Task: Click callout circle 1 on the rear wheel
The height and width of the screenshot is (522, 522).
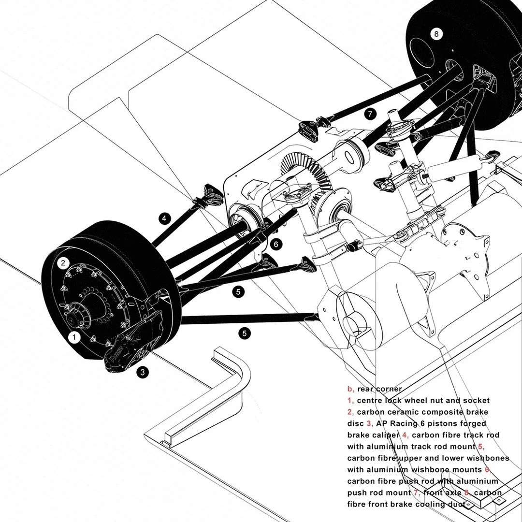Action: pyautogui.click(x=73, y=337)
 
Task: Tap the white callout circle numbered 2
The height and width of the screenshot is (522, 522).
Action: pyautogui.click(x=63, y=263)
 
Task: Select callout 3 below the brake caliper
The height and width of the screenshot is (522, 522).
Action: pyautogui.click(x=142, y=372)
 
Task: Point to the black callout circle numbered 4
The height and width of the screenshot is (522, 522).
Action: pyautogui.click(x=164, y=218)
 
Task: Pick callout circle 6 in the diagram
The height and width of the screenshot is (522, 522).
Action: pyautogui.click(x=276, y=244)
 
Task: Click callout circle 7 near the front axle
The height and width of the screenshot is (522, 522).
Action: pyautogui.click(x=370, y=114)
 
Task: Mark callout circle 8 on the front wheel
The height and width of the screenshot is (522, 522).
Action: pyautogui.click(x=436, y=34)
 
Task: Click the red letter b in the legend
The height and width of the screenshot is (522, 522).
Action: pyautogui.click(x=350, y=389)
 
